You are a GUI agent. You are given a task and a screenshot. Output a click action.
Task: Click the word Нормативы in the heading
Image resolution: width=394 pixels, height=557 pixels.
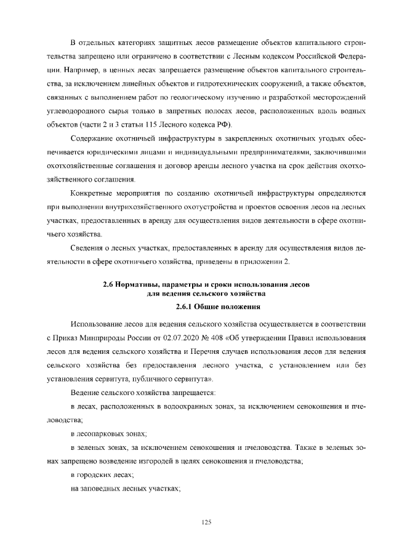(137, 284)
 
